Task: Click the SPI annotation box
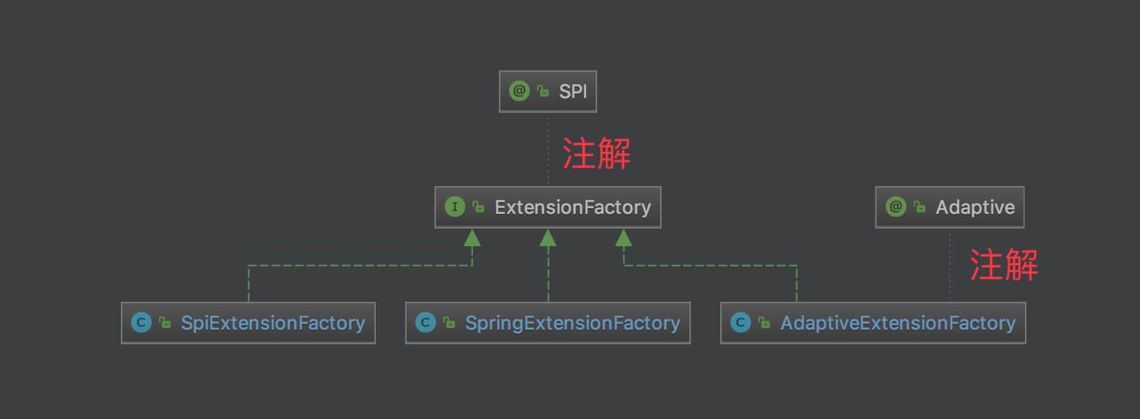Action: pos(548,92)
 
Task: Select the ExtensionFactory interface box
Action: pos(548,207)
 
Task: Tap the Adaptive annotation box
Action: pos(950,207)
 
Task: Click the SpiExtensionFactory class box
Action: pos(248,323)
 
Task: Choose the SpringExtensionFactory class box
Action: pos(548,323)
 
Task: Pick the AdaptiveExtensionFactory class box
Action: pos(873,323)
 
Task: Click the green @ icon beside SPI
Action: pos(519,92)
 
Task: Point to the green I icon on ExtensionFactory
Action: pos(455,207)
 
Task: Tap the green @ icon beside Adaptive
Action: pos(896,207)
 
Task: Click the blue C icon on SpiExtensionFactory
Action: pos(141,323)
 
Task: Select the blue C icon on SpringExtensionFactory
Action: pos(426,323)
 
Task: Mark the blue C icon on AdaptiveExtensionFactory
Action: pos(741,323)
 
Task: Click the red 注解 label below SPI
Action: pos(596,155)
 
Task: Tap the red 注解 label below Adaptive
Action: pos(1004,264)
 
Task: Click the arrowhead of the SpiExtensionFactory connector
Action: pos(472,237)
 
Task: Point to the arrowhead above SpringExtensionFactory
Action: pos(548,237)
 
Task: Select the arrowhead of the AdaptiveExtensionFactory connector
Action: pos(624,237)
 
